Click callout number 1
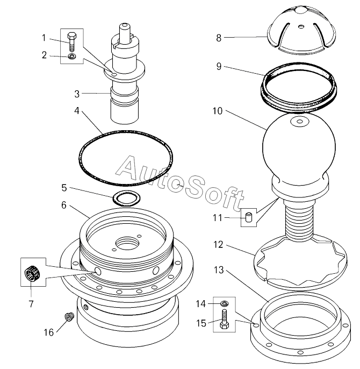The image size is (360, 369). [44, 37]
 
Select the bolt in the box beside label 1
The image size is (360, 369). [73, 42]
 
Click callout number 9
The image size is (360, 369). [219, 67]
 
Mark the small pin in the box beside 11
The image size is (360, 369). [248, 218]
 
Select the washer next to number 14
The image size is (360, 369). [224, 304]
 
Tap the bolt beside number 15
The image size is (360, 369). [224, 322]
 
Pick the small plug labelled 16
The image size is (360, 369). [68, 317]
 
